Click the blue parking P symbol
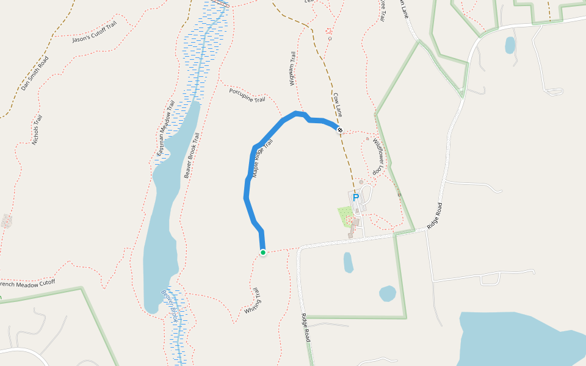(x=356, y=198)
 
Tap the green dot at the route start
(x=263, y=253)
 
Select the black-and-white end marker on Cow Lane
(x=340, y=129)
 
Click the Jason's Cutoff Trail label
(x=94, y=31)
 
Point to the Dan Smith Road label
(x=34, y=74)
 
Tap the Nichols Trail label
(x=38, y=130)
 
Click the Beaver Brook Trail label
(x=192, y=156)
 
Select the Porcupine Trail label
(x=247, y=95)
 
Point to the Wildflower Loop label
(x=380, y=154)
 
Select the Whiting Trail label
(x=253, y=301)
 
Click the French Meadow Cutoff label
(x=27, y=283)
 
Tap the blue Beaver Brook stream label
(x=169, y=305)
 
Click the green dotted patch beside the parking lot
(x=345, y=215)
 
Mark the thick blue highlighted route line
(x=247, y=183)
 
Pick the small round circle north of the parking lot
(x=361, y=182)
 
